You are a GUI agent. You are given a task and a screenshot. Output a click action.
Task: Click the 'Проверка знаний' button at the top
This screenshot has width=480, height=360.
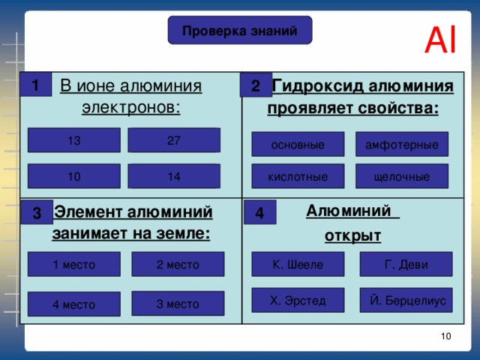point(240,30)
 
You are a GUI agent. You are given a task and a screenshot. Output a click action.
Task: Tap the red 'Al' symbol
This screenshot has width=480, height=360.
point(440,41)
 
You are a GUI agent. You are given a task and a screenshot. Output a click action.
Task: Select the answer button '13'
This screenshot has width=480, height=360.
point(74,140)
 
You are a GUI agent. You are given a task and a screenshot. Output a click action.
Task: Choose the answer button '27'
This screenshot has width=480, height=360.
point(174,140)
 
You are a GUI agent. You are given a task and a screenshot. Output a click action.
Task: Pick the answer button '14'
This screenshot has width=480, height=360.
point(174,176)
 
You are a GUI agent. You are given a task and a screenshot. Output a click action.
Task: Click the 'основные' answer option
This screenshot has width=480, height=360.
point(298,144)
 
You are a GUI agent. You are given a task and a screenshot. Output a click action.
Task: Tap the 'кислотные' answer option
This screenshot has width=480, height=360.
point(298,177)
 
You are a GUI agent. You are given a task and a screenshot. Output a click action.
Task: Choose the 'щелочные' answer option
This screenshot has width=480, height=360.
point(402,177)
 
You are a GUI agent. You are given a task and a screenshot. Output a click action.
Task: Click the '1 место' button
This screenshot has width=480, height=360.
point(74,264)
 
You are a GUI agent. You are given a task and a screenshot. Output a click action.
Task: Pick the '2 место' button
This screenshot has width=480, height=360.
point(178,264)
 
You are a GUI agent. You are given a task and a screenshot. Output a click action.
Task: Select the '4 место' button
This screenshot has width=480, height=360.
point(74,304)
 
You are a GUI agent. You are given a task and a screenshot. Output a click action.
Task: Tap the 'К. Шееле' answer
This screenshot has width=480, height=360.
point(298,264)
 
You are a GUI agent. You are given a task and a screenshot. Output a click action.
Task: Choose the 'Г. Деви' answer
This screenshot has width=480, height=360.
point(406,264)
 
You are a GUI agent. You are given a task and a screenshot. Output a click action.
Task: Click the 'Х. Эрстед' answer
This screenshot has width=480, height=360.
point(298,300)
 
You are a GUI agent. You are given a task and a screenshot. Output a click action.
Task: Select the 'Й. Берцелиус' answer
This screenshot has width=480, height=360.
point(406,300)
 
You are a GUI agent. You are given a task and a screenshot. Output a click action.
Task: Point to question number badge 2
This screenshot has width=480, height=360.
point(256,86)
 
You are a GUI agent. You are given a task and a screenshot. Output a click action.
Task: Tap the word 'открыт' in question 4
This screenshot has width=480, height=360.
point(353,237)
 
